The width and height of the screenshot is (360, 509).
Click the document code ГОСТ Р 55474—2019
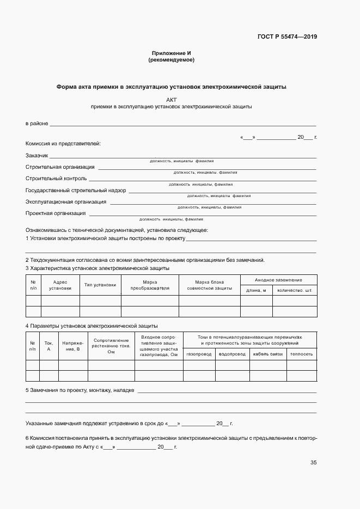pos(286,37)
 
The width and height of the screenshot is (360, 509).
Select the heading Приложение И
pos(171,53)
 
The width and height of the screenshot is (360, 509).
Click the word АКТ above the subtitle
pos(172,100)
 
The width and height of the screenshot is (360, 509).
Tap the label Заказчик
pos(37,156)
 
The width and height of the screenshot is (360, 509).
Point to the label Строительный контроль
pos(56,178)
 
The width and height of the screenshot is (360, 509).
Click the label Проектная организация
pos(54,213)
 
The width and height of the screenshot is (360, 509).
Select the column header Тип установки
pos(100,285)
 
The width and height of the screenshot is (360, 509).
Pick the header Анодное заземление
pos(278,279)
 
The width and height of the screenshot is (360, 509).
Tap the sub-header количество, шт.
pos(295,290)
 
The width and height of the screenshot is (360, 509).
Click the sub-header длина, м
pos(256,290)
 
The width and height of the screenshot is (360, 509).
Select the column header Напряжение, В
pos(72,346)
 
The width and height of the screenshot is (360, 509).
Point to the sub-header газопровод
pos(199,354)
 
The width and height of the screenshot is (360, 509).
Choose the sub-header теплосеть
pos(301,354)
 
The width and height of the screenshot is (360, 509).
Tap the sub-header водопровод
pos(232,354)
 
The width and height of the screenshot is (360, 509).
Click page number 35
pos(314,463)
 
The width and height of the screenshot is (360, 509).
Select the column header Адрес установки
pos(60,285)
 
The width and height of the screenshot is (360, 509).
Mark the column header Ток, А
pos(48,346)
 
